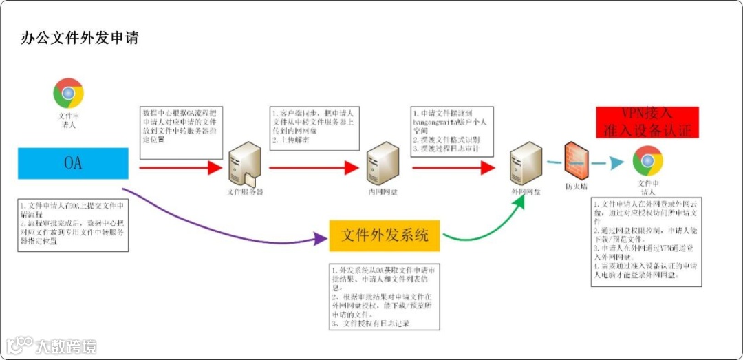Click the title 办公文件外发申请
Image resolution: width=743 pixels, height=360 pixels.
[x=80, y=38]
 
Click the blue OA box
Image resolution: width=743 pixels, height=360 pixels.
[x=73, y=163]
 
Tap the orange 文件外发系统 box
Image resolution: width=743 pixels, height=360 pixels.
[x=385, y=236]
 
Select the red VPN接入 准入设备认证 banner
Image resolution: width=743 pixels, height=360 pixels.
[x=647, y=122]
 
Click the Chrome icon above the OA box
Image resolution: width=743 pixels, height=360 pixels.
[x=68, y=93]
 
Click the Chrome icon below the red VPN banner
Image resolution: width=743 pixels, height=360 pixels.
[x=647, y=161]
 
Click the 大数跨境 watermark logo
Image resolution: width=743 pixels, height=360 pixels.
[x=52, y=346]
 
